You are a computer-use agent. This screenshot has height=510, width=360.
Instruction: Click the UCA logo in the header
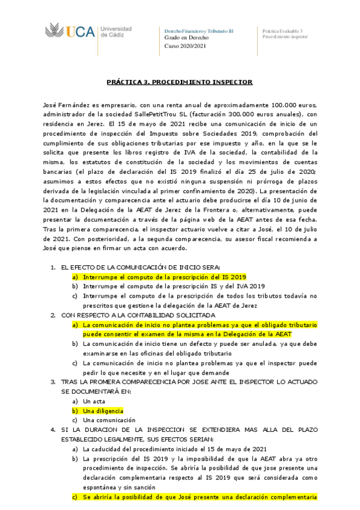tap(70, 32)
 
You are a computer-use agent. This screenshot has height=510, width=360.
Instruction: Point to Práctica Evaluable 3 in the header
tap(282, 30)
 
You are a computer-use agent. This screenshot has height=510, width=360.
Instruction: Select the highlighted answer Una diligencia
tap(103, 410)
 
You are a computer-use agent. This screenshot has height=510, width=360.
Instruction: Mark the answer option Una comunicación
tap(109, 420)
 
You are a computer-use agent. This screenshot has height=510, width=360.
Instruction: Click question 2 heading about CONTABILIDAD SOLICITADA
tap(138, 315)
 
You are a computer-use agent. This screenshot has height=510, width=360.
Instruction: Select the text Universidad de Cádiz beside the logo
tap(115, 32)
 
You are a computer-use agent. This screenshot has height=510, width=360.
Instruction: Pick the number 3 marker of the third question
tap(53, 381)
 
